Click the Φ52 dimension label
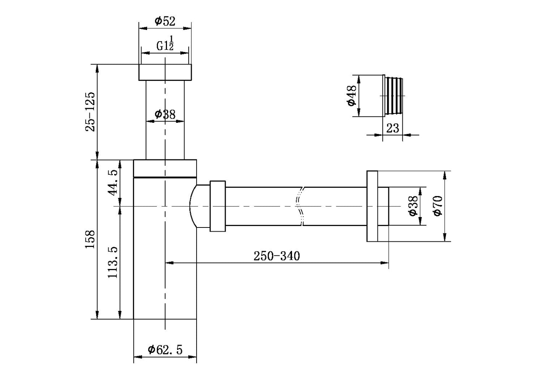point(165,21)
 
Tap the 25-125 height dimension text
point(90,111)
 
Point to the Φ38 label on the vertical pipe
point(165,114)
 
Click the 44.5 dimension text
point(113,181)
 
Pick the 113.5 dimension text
point(113,262)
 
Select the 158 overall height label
point(90,239)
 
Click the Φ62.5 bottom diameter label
point(165,349)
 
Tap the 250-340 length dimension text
point(277,256)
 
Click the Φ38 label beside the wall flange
point(413,206)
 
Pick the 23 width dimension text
point(392,128)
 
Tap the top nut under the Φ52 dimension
point(165,72)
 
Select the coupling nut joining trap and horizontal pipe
point(218,206)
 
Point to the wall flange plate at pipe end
point(372,206)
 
